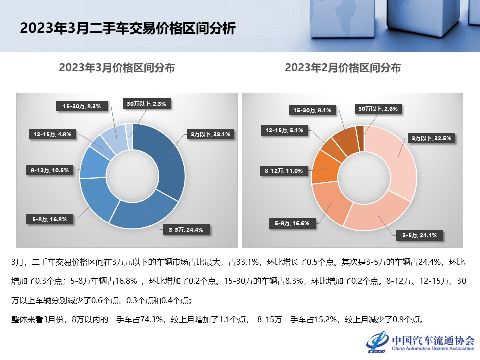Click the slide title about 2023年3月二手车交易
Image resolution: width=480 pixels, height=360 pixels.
pyautogui.click(x=127, y=28)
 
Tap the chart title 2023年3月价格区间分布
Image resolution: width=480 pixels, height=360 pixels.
pyautogui.click(x=117, y=68)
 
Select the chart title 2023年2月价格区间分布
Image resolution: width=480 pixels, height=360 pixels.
pyautogui.click(x=343, y=68)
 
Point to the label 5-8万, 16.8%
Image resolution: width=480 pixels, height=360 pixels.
pyautogui.click(x=50, y=218)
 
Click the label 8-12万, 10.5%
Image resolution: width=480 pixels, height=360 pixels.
pyautogui.click(x=49, y=170)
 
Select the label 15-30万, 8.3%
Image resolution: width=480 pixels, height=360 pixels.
pyautogui.click(x=82, y=106)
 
